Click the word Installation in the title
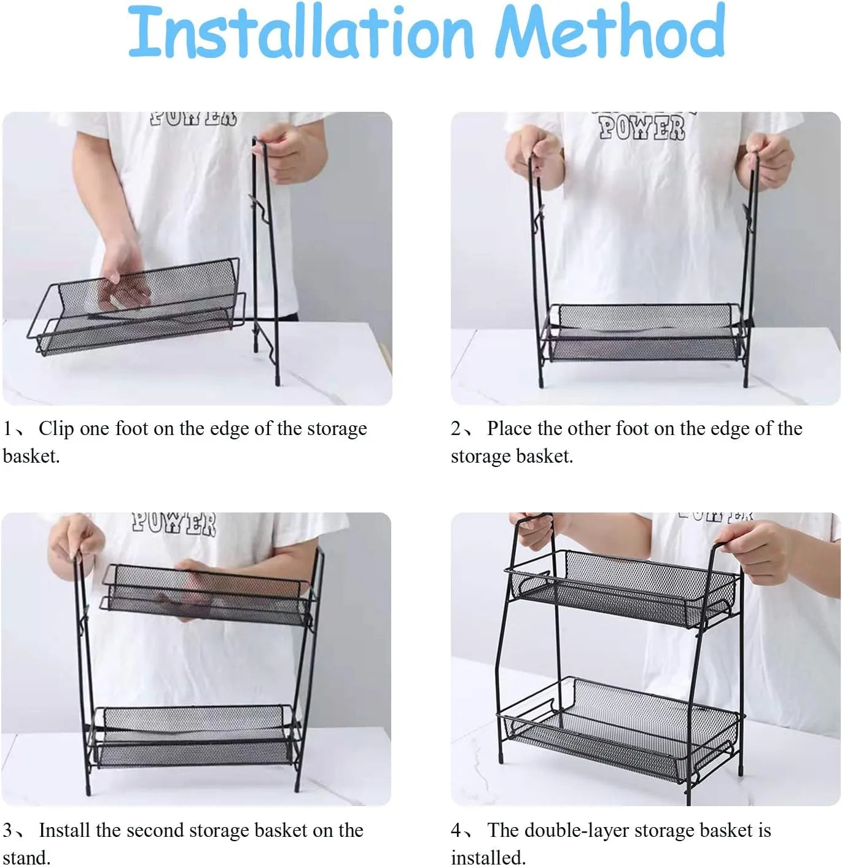click(300, 32)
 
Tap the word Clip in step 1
click(56, 428)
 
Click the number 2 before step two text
click(456, 428)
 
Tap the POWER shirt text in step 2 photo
click(642, 128)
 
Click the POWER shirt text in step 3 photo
click(174, 523)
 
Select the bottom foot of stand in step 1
click(277, 379)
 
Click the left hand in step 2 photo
click(533, 153)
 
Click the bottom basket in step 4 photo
click(620, 728)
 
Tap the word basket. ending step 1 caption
click(31, 456)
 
